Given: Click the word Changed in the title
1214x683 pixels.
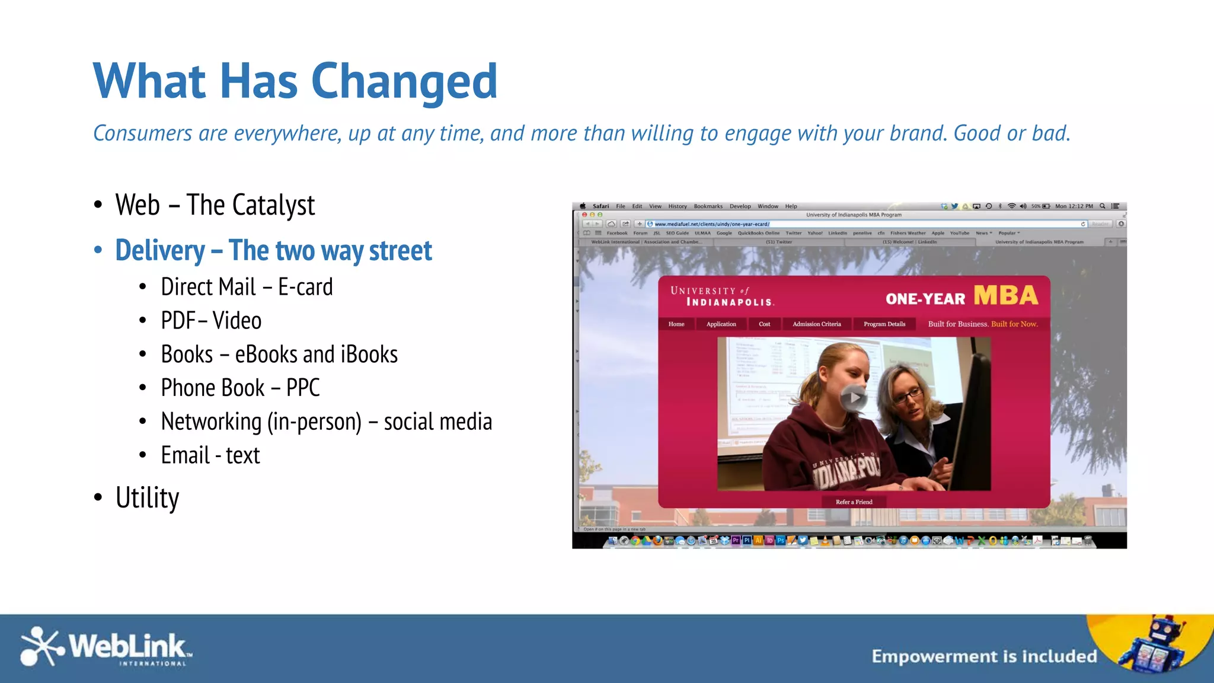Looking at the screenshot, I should point(404,82).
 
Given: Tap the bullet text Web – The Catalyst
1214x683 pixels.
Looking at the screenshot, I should point(215,205).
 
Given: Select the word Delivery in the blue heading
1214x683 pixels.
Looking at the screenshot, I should point(160,250).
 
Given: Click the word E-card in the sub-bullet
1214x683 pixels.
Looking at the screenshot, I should point(305,287).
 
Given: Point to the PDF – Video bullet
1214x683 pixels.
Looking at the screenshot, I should point(211,321).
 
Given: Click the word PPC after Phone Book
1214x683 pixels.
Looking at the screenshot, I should point(303,388).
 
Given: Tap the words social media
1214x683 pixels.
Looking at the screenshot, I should point(437,422).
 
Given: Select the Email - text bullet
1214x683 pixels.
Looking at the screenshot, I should point(210,455).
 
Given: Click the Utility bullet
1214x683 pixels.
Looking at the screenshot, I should point(147,497).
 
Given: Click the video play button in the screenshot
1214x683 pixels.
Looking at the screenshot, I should point(854,398).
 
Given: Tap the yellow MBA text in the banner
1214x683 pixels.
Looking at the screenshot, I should point(1005,295).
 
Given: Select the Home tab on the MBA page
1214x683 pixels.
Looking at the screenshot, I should point(676,324).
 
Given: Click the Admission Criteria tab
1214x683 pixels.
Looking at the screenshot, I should point(816,324).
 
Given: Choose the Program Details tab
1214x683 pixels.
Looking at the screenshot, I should point(884,324).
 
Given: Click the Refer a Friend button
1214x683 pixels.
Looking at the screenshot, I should point(854,502).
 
